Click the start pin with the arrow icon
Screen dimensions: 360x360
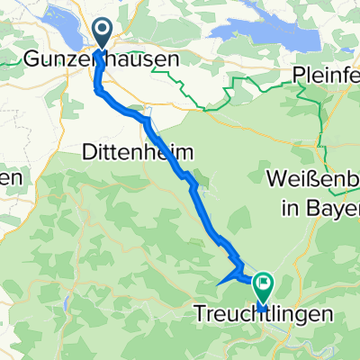[x=102, y=34]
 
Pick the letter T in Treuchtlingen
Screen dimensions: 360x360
[x=200, y=315]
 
